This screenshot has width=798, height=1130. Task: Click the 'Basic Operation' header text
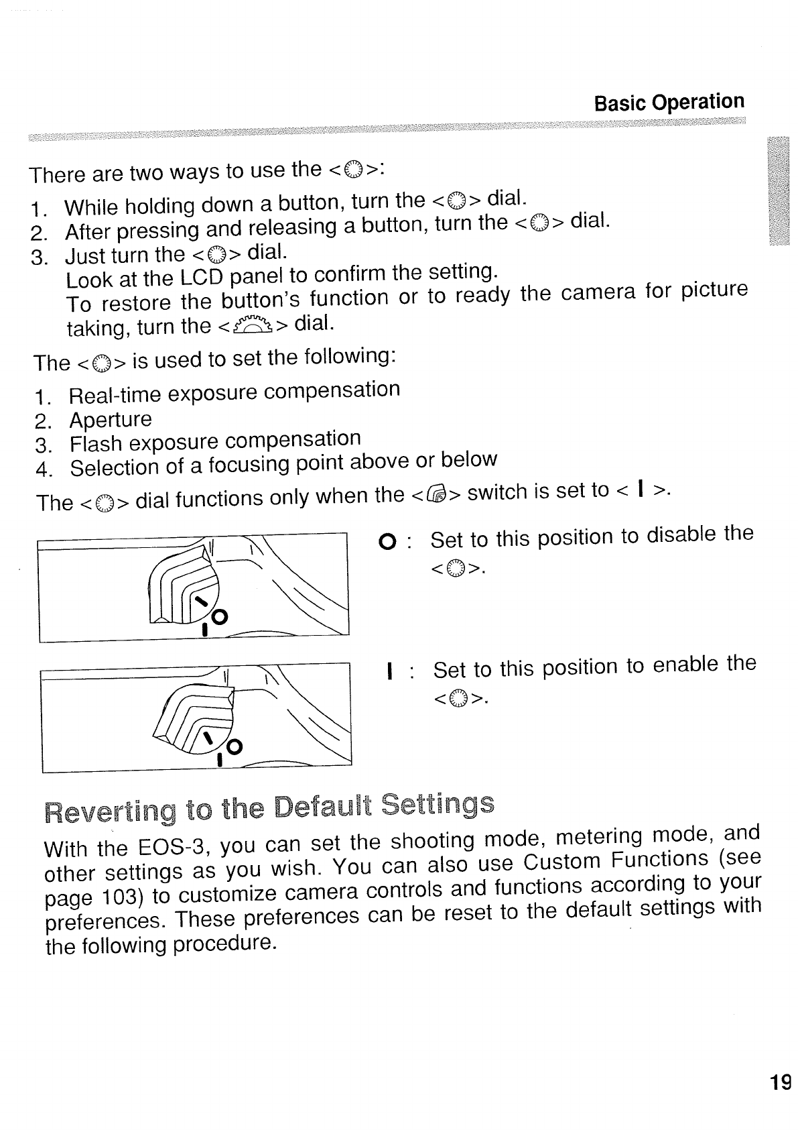[x=669, y=103]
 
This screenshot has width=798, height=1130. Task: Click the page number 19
[x=781, y=1082]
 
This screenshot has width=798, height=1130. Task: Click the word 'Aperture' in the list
[x=111, y=420]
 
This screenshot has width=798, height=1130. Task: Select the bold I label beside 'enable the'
[x=389, y=671]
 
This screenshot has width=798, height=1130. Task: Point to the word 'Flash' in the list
[x=96, y=444]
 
